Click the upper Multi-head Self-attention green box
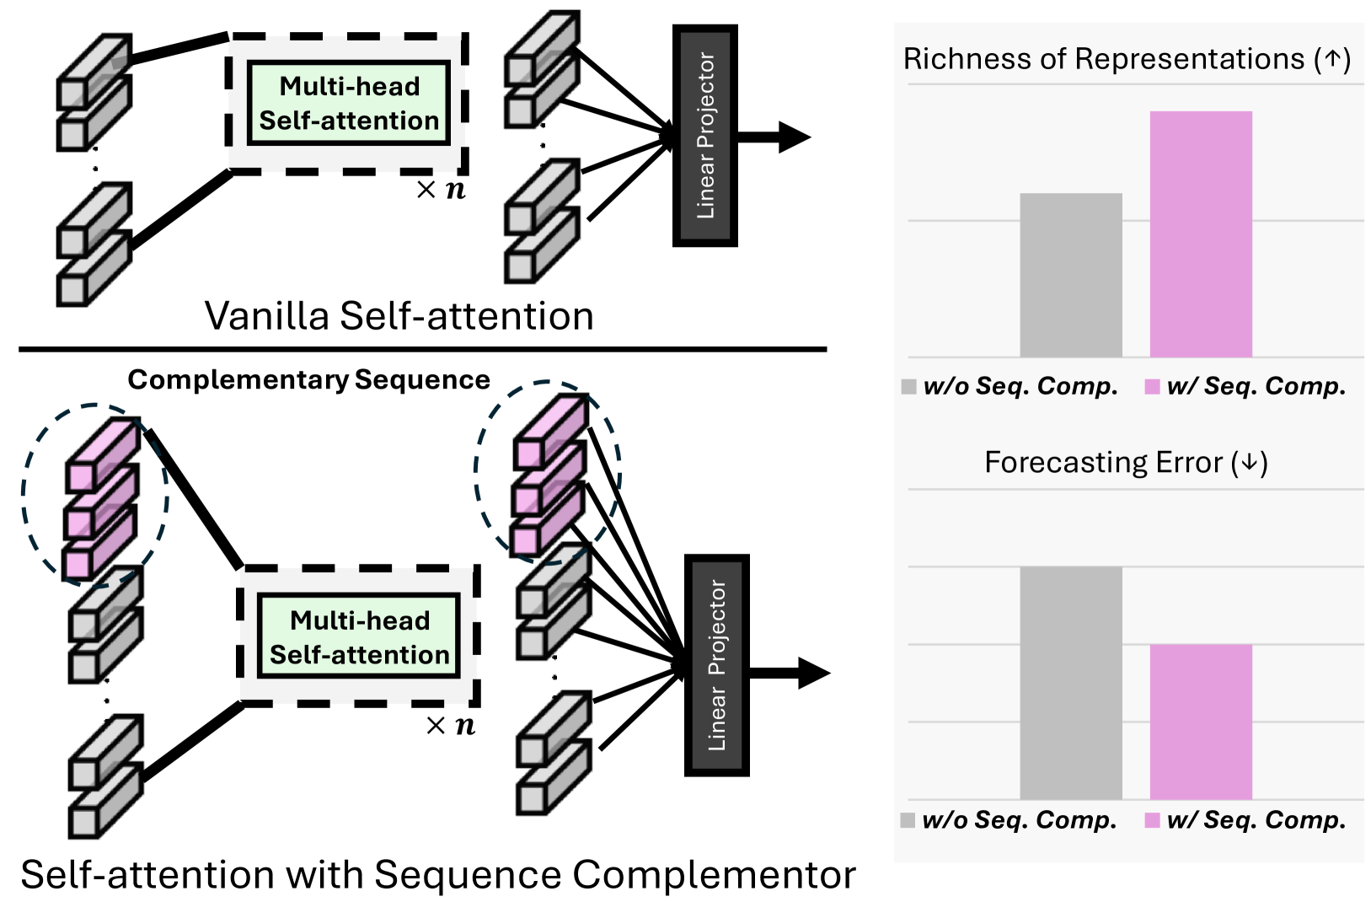point(349,103)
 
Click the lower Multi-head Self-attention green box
point(359,636)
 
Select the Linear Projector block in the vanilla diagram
point(705,136)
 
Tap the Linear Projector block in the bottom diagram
point(717,665)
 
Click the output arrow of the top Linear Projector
point(775,137)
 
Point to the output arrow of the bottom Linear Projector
point(790,673)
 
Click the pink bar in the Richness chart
point(1201,234)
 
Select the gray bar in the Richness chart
point(1071,275)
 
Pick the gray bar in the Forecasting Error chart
point(1071,683)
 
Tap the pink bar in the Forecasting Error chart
point(1201,722)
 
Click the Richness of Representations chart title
point(1127,59)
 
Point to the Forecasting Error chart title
point(1126,462)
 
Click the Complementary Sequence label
point(308,380)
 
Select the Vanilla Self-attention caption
point(399,316)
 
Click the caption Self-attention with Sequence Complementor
point(438,874)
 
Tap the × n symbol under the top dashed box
point(441,190)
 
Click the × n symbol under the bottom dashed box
point(451,726)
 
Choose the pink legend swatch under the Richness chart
point(1152,387)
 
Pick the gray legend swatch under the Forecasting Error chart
point(908,820)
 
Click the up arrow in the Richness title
point(1332,59)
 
